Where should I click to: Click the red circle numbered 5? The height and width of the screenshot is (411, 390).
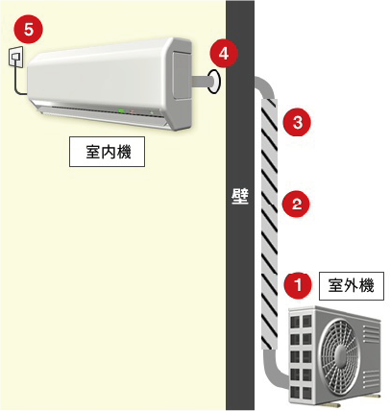[x=28, y=30]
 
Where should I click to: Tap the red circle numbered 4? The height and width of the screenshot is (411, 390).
[x=224, y=53]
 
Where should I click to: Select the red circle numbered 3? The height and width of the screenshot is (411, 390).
[x=298, y=122]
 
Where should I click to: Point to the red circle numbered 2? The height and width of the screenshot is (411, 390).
[x=297, y=204]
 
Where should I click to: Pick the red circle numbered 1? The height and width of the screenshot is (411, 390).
[x=298, y=285]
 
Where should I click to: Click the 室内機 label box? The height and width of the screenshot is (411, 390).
[x=108, y=152]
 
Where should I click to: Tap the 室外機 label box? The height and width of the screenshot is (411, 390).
[x=352, y=285]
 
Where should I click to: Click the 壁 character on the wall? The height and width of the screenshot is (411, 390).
[x=240, y=198]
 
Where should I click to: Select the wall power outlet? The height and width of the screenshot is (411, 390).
[x=16, y=58]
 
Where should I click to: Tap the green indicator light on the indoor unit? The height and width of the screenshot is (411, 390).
[x=122, y=111]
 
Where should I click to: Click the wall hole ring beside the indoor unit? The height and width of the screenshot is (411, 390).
[x=214, y=82]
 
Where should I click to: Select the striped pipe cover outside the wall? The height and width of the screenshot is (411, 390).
[x=269, y=224]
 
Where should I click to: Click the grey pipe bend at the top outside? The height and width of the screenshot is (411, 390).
[x=265, y=86]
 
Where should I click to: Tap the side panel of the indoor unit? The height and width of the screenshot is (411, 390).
[x=183, y=73]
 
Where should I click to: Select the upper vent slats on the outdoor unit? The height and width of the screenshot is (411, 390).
[x=372, y=333]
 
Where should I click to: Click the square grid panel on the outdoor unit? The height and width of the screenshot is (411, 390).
[x=301, y=356]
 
